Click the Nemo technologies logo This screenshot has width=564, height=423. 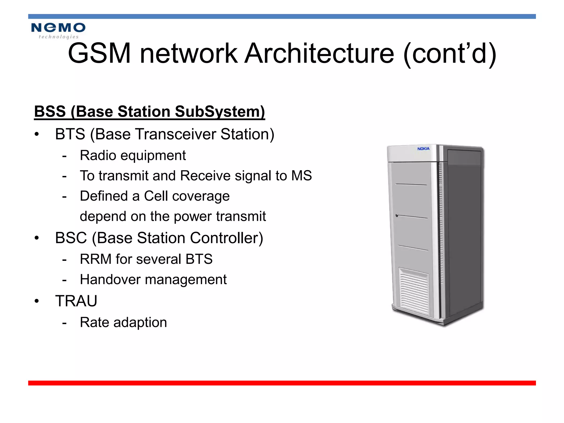coord(58,31)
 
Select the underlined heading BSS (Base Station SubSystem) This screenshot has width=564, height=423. coord(149,112)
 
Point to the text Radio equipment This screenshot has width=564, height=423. coord(133,156)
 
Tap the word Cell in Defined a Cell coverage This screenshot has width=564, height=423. coord(156,196)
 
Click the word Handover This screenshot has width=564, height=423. coord(110,280)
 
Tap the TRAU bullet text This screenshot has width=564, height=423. coord(76,301)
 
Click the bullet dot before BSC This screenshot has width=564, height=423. coord(37,238)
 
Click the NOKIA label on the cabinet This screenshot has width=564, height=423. coord(423,149)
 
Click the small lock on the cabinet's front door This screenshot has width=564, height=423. coord(397,215)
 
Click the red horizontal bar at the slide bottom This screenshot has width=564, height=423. coord(282,383)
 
